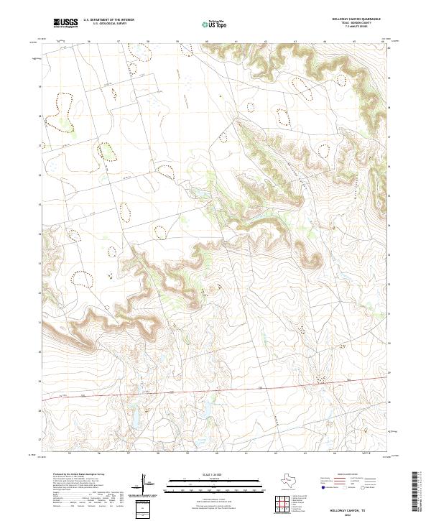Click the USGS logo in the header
click(65, 23)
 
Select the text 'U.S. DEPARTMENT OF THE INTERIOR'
click(108, 20)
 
